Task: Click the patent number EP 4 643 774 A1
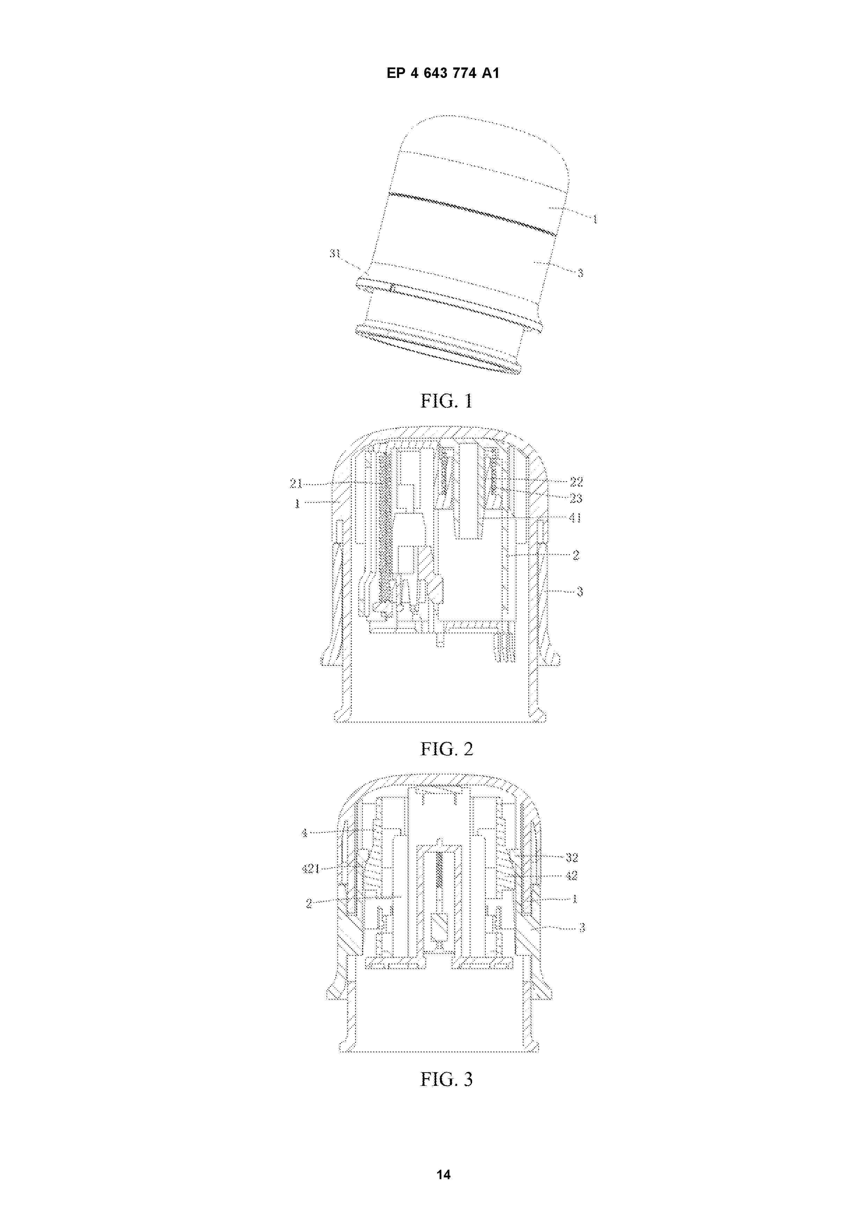point(442,73)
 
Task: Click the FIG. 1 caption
point(446,401)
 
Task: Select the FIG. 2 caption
point(446,749)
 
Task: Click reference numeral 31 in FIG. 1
point(335,254)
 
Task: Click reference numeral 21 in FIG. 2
point(296,484)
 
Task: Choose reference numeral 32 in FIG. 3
point(572,858)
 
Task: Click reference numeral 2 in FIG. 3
point(308,903)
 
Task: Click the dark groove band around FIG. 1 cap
point(472,212)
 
